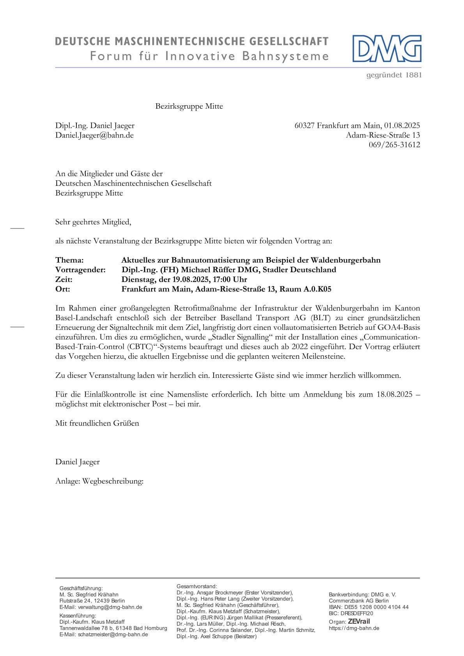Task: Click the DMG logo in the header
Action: pos(387,49)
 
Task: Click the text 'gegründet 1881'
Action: pos(394,75)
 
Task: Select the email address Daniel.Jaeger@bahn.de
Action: pos(94,135)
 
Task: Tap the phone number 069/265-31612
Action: pos(394,145)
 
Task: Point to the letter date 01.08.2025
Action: pos(402,125)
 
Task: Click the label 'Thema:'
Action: pos(69,260)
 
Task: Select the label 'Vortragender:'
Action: pos(80,270)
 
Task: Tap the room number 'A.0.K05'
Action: pos(317,289)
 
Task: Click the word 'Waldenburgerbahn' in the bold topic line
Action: pos(345,260)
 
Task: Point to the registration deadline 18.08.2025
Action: pos(394,394)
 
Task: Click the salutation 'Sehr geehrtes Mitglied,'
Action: pos(93,222)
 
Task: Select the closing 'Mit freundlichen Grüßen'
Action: pos(97,423)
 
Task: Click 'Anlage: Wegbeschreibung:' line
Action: pos(99,481)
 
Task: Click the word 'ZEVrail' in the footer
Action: pos(359,621)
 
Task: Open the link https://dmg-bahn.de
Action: pos(354,628)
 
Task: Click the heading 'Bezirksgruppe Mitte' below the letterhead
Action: pos(189,106)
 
